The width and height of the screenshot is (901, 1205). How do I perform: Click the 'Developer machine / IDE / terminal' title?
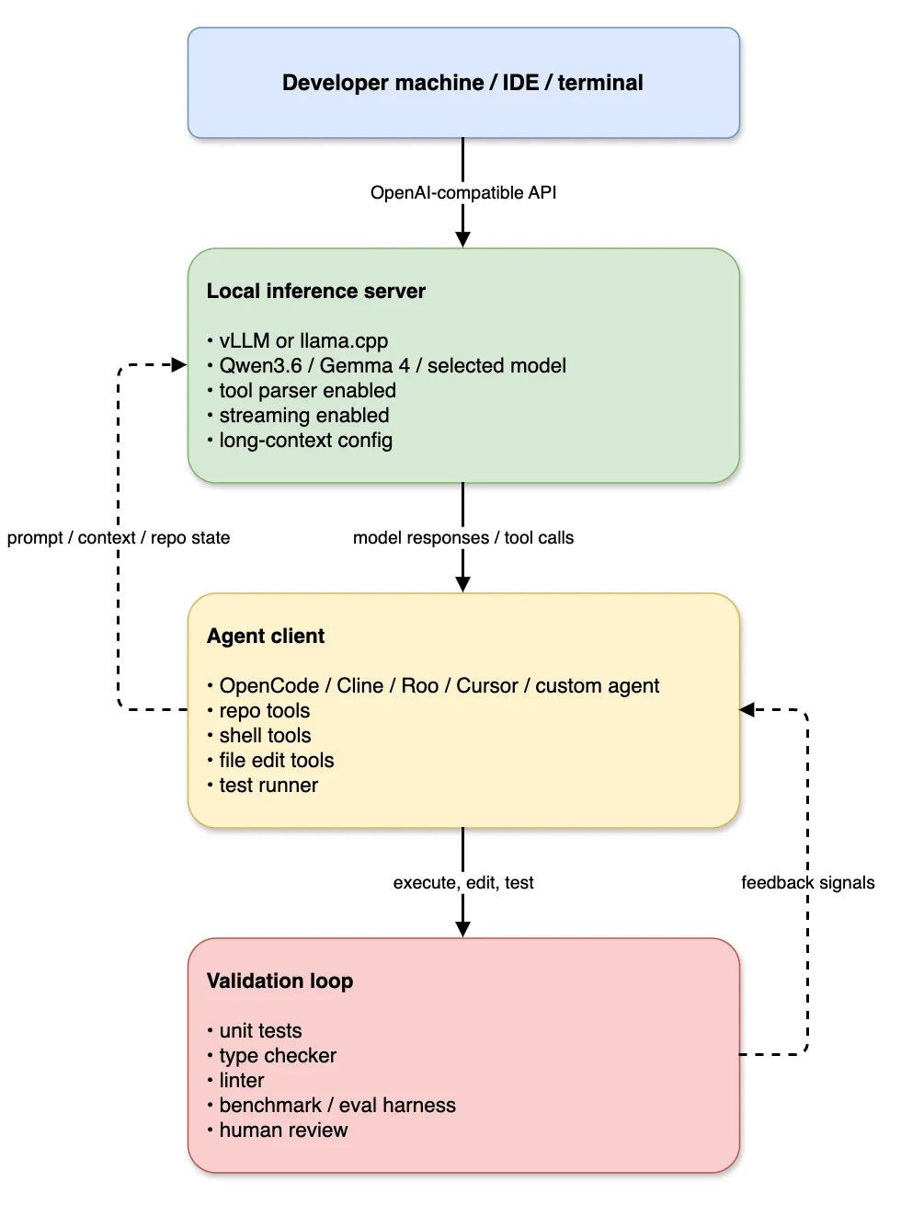click(462, 83)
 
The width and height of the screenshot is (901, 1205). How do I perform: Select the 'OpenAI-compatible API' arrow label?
click(463, 192)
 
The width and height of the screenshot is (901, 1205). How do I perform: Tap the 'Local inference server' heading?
click(316, 291)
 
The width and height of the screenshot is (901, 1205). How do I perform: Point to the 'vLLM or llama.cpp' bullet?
click(298, 341)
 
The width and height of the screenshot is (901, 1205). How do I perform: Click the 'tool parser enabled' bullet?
click(302, 390)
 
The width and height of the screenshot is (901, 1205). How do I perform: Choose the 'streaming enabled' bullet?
click(299, 415)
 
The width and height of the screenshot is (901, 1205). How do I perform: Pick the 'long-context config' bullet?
click(300, 441)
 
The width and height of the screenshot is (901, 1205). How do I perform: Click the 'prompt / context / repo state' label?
click(119, 537)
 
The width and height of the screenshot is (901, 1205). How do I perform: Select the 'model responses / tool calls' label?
click(463, 537)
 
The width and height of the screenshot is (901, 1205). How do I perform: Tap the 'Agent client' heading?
click(266, 636)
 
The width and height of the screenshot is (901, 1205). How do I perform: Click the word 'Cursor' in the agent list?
click(486, 685)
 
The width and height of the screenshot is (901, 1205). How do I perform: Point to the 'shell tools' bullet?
click(259, 735)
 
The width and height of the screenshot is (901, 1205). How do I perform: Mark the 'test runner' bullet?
click(263, 785)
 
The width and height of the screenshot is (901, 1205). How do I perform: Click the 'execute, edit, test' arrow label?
click(463, 882)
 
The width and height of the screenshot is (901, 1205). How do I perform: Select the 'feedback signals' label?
click(808, 882)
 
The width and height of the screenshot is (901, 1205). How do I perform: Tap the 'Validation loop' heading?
click(279, 981)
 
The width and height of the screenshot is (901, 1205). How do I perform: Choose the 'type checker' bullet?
click(272, 1055)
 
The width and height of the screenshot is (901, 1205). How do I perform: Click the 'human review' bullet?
click(278, 1130)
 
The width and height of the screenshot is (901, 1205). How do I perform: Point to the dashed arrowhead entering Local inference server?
click(179, 364)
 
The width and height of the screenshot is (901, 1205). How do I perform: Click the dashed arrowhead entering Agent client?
click(747, 710)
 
